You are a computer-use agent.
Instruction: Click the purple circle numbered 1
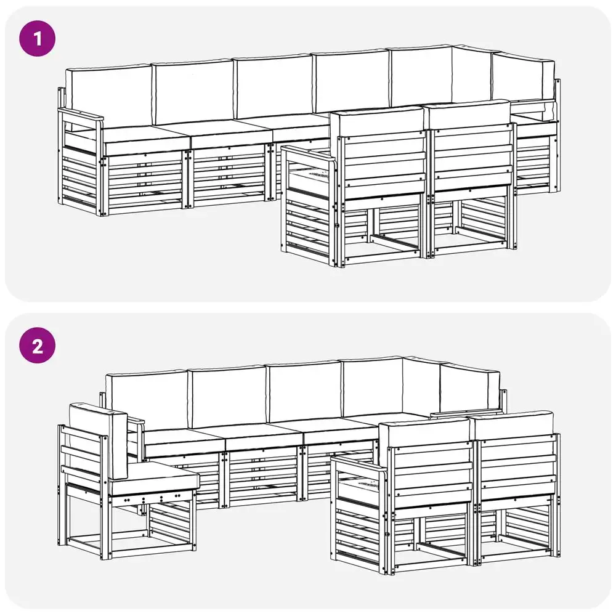(x=38, y=38)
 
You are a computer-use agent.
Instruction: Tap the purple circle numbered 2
(x=38, y=346)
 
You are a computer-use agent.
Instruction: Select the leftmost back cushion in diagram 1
(x=109, y=96)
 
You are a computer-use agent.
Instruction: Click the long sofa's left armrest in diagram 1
(x=81, y=116)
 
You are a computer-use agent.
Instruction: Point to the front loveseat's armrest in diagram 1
(x=309, y=154)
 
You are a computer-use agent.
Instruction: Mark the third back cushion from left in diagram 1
(x=274, y=87)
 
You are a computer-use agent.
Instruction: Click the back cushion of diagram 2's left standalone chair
(x=98, y=440)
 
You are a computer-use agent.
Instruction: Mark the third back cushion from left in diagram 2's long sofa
(x=304, y=391)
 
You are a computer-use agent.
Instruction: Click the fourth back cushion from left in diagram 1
(x=352, y=82)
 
